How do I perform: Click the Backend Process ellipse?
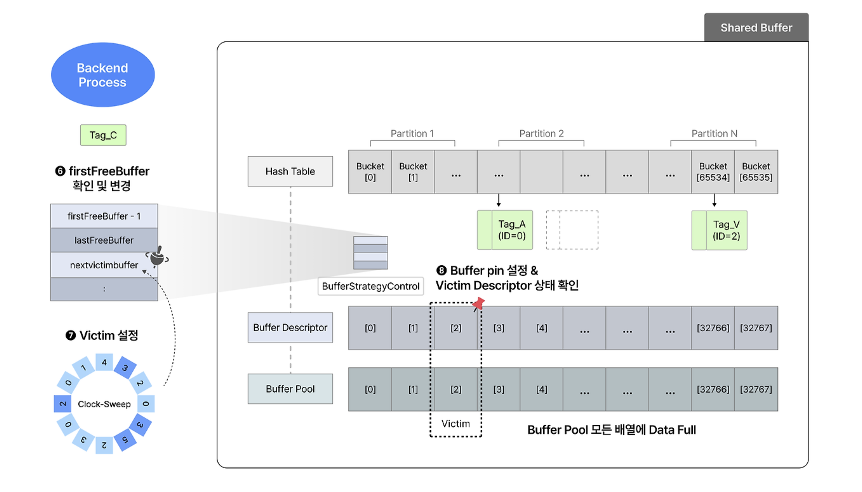[103, 75]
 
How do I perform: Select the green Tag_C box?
[103, 135]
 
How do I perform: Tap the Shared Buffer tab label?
[756, 28]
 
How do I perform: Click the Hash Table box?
[290, 171]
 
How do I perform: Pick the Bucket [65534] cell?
[713, 172]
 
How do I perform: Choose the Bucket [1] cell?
[413, 172]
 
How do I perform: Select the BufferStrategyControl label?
[370, 286]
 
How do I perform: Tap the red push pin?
[478, 303]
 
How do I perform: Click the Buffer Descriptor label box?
[290, 327]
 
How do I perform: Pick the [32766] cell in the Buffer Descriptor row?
[713, 328]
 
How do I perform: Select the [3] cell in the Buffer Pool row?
[499, 389]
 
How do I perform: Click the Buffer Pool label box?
[290, 389]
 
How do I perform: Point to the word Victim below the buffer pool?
[455, 423]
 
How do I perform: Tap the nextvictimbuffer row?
[104, 265]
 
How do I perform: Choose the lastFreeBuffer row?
[104, 240]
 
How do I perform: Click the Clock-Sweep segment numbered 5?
[125, 440]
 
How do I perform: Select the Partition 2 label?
[541, 133]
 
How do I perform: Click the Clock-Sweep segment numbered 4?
[104, 362]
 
